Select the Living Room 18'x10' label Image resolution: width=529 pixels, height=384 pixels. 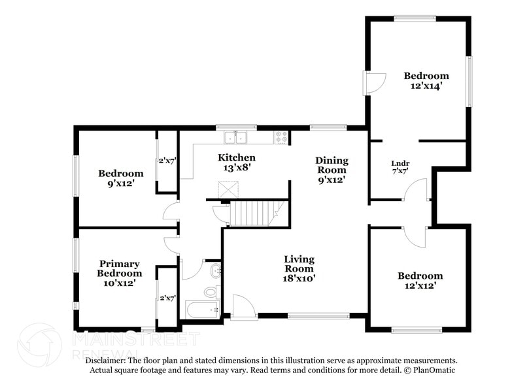coord(299,268)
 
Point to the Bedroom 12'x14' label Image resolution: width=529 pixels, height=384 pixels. coord(426,80)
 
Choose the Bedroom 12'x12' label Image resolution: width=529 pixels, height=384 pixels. coord(420,281)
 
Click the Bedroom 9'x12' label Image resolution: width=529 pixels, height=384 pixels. coord(120,178)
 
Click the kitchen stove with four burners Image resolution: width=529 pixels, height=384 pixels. coord(282,137)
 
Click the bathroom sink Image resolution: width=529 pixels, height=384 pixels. coord(215,270)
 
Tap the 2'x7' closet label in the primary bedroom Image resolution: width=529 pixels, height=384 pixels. coord(167,298)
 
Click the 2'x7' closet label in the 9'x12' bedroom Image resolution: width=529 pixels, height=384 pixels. coord(167,161)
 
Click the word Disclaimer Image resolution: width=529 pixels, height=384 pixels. coord(107,360)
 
